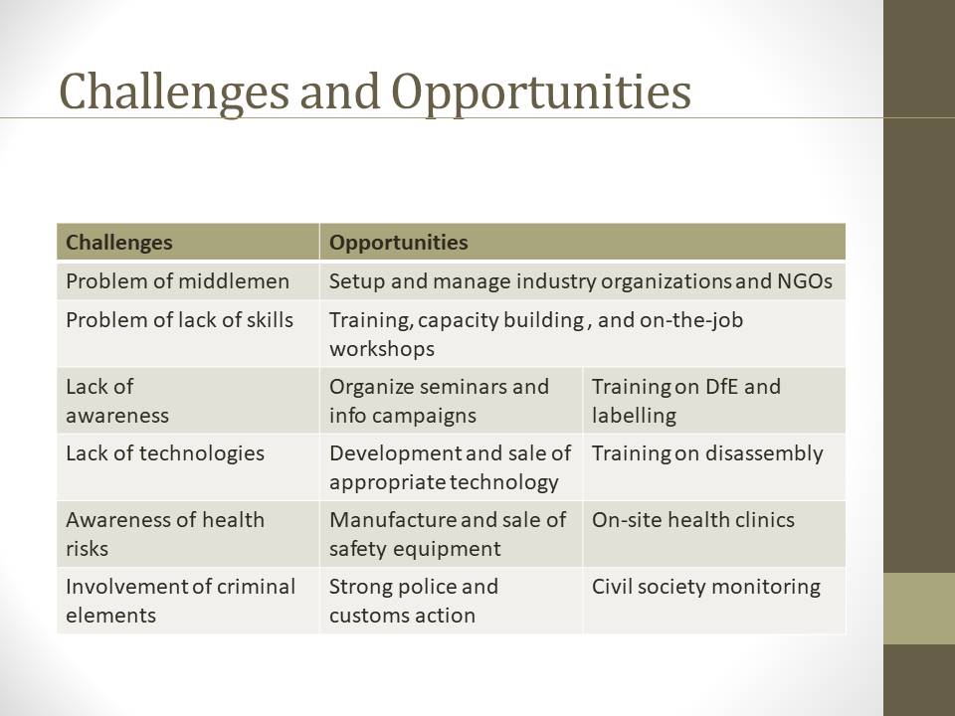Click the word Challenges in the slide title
pos(173,92)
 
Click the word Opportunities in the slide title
pos(541,92)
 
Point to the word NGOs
pos(805,281)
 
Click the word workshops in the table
pos(382,349)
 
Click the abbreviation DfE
pos(721,387)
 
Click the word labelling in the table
pos(634,416)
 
